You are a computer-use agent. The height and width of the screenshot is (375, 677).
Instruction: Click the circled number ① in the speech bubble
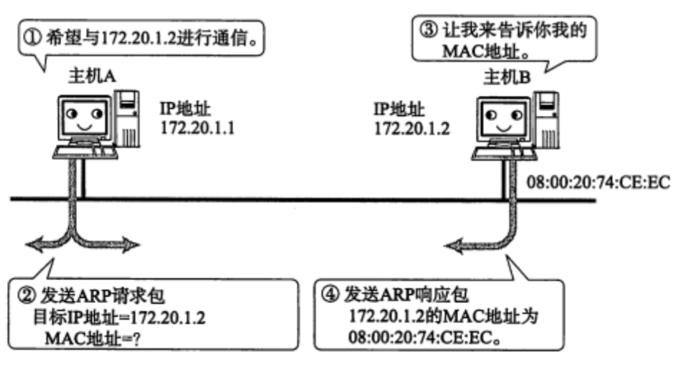tap(32, 38)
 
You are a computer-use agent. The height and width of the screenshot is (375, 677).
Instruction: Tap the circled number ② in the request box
tap(27, 296)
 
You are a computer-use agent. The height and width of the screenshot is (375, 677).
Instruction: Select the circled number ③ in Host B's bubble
tap(428, 30)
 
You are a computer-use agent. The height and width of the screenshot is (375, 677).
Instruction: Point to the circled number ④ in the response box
tap(330, 294)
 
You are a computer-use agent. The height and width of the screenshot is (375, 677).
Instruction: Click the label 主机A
tap(92, 76)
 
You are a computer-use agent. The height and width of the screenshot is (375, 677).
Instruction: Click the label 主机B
tap(507, 77)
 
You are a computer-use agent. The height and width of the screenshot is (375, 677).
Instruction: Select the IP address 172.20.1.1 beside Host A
tap(198, 128)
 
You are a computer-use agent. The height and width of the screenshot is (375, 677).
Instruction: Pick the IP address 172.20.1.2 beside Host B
tap(412, 129)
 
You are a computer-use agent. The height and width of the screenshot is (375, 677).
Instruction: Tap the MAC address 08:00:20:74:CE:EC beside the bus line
tap(598, 182)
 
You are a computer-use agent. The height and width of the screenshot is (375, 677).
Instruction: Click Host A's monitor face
tap(84, 117)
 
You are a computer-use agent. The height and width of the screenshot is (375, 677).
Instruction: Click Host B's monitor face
tap(503, 119)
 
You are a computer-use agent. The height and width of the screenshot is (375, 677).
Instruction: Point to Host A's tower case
tap(127, 119)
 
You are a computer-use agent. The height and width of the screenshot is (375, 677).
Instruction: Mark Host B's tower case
tap(547, 120)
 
